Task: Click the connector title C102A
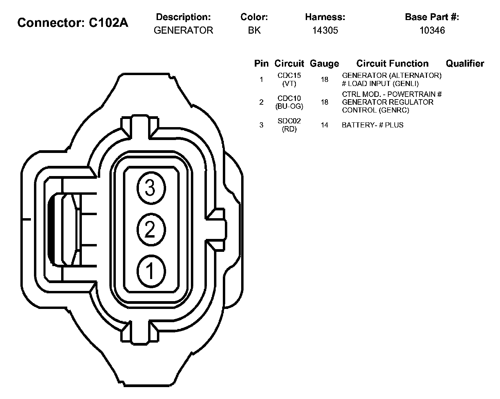coord(73,23)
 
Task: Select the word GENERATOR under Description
coord(183,30)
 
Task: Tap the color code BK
coord(254,30)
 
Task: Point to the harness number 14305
coord(325,30)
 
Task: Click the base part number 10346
coord(432,30)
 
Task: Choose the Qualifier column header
coord(465,64)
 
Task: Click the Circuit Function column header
coord(392,64)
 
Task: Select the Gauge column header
coord(324,64)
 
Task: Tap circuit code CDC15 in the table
coord(289,75)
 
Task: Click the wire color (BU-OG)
coord(289,106)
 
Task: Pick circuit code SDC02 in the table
coord(289,121)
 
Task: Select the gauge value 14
coord(324,125)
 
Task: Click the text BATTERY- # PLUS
coord(373,125)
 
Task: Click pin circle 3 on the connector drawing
coord(151,188)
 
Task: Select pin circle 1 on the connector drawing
coord(151,271)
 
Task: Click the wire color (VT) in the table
coord(289,84)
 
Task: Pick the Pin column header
coord(261,64)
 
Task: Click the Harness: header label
coord(325,17)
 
